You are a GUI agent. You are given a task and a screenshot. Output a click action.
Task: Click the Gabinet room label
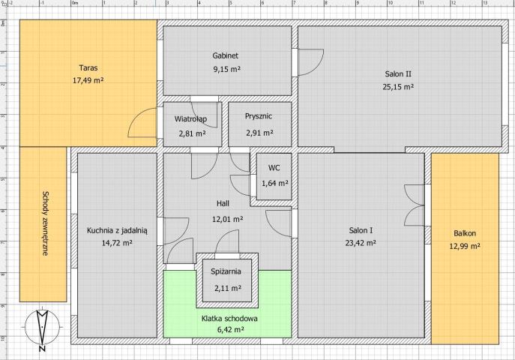(226, 55)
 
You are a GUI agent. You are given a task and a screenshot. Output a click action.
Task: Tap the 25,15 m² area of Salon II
(398, 87)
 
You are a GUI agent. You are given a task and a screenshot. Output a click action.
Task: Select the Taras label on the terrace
(88, 67)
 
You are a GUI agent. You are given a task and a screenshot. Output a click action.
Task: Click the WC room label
(274, 168)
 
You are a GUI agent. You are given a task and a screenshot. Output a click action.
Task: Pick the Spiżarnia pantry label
(226, 271)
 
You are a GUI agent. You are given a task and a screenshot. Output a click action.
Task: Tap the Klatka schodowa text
(229, 318)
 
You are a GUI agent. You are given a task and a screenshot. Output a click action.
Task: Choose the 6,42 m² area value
(231, 329)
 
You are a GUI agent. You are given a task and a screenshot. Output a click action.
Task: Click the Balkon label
(465, 233)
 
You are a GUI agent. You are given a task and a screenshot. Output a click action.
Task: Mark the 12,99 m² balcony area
(465, 246)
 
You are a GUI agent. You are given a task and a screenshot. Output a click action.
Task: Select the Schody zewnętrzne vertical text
(45, 223)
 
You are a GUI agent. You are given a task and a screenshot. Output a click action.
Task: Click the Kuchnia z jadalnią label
(117, 230)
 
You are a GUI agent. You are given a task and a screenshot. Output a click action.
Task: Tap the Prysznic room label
(259, 116)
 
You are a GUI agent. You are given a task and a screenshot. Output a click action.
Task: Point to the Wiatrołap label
(190, 118)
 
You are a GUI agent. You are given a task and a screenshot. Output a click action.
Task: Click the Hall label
(223, 203)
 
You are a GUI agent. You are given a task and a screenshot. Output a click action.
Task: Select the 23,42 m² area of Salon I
(361, 243)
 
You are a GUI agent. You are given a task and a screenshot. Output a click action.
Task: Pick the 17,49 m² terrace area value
(88, 80)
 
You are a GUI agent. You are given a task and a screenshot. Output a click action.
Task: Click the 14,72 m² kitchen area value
(117, 243)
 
